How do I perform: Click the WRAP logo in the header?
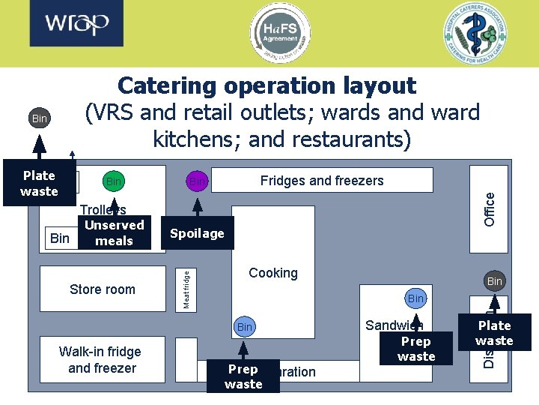77,25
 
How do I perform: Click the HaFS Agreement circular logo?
279,33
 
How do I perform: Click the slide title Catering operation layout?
267,85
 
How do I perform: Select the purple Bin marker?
197,181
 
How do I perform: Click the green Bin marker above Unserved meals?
114,181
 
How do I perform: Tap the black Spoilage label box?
197,233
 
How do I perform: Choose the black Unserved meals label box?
114,232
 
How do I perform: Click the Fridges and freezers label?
322,181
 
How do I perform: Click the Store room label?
103,289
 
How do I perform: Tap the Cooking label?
273,273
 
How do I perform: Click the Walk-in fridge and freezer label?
102,360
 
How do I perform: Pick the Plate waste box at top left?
39,183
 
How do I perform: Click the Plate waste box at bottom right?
494,333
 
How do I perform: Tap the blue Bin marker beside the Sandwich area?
415,298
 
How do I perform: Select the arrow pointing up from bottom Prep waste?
243,350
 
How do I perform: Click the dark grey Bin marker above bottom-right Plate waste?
495,282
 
